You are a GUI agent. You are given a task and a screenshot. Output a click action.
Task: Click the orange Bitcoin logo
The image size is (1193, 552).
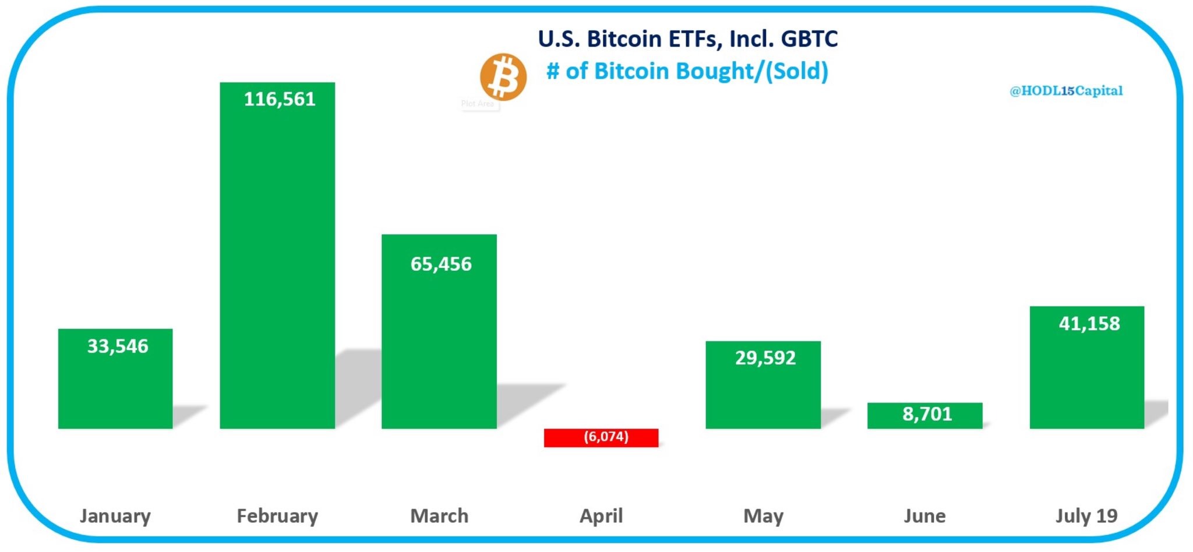tap(503, 77)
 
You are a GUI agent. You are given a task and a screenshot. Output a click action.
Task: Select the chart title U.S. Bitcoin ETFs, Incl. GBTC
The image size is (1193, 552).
tap(687, 39)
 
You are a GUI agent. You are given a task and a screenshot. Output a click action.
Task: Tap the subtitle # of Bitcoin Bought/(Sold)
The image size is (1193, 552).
tap(687, 71)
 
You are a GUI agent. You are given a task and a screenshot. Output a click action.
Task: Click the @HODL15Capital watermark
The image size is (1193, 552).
tap(1065, 91)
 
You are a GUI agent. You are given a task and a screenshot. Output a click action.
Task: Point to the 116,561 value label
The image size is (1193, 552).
tap(280, 99)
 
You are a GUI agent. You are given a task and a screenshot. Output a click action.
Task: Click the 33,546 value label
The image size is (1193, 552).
tap(118, 346)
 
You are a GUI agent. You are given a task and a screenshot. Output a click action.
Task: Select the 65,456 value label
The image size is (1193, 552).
tap(441, 264)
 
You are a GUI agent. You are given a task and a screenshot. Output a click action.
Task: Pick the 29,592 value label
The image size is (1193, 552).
tap(765, 358)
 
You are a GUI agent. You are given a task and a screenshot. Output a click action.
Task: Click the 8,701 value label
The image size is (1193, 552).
tap(927, 414)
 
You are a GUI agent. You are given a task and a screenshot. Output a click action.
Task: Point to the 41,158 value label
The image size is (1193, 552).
tap(1089, 323)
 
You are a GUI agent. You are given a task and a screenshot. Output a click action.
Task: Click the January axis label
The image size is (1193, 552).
tap(115, 516)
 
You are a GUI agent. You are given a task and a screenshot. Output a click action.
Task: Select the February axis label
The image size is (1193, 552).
tap(277, 516)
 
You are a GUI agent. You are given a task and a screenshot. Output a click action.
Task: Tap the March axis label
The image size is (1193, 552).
tap(439, 516)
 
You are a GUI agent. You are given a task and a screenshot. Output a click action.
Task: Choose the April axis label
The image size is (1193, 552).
tap(601, 516)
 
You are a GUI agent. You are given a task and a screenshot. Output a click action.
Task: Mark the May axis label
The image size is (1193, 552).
tap(763, 516)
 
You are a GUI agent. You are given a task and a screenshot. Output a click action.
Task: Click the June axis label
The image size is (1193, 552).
tap(924, 516)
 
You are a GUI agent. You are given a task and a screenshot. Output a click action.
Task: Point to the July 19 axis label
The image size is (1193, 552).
tap(1086, 516)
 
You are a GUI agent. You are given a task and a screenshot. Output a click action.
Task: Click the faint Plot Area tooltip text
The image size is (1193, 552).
tap(478, 104)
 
